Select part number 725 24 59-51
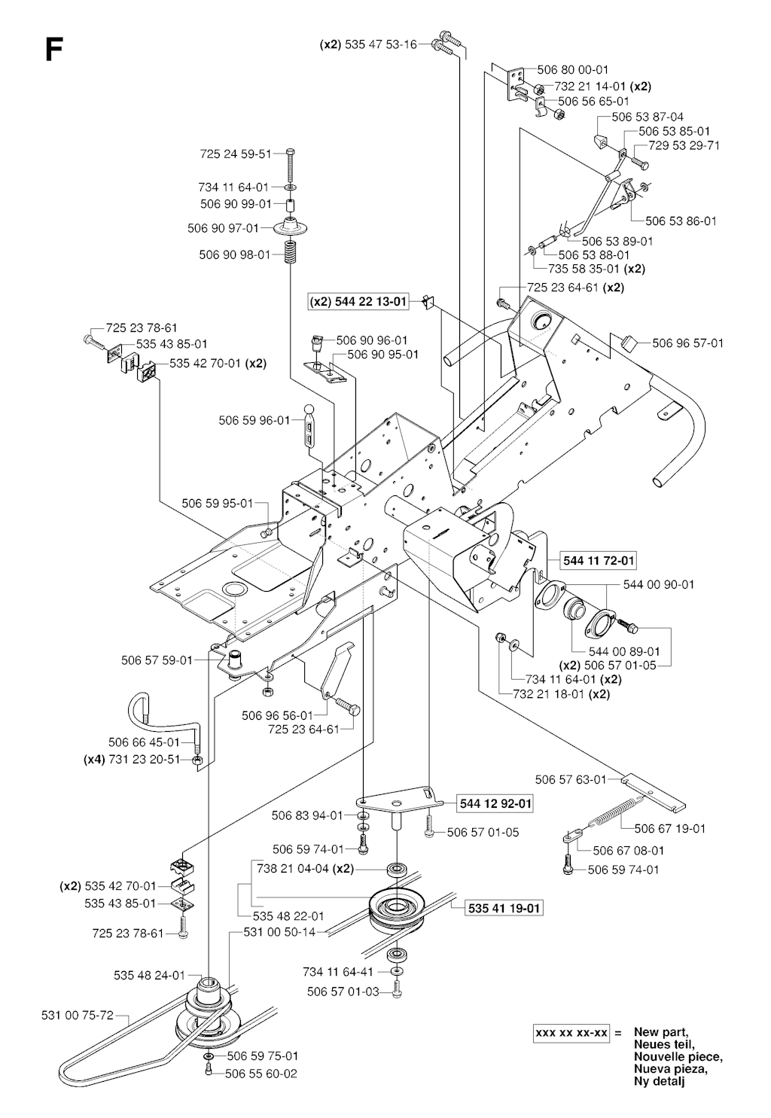(x=236, y=154)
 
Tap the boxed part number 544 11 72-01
(x=599, y=560)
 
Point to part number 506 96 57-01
(x=687, y=343)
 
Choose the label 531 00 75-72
(x=77, y=1015)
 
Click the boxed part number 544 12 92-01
(x=495, y=804)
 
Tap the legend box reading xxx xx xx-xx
(x=571, y=1033)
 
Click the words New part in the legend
(x=660, y=1032)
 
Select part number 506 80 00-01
(x=572, y=70)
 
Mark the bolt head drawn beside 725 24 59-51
(x=291, y=154)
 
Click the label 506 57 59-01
(x=157, y=660)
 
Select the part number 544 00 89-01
(x=624, y=652)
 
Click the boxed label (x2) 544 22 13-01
(x=358, y=302)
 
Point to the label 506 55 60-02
(x=261, y=1074)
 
